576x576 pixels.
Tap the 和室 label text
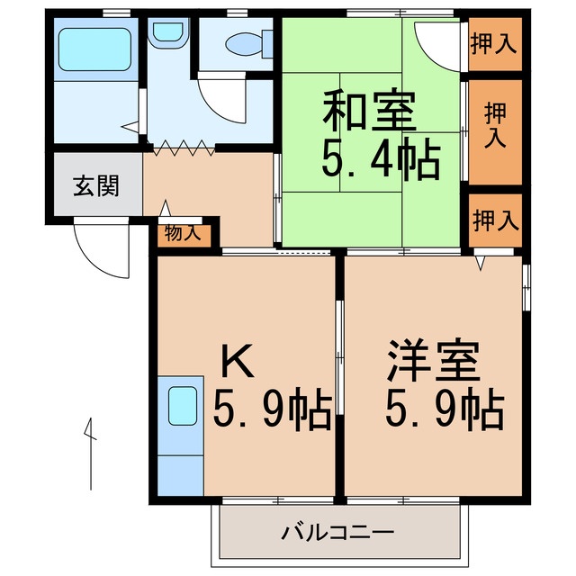pos(370,115)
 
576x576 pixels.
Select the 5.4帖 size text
pos(381,162)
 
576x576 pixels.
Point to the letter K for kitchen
pos(238,363)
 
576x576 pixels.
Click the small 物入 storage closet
pos(183,233)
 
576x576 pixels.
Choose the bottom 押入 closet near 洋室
pos(494,219)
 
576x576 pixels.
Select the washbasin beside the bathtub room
pos(166,34)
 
